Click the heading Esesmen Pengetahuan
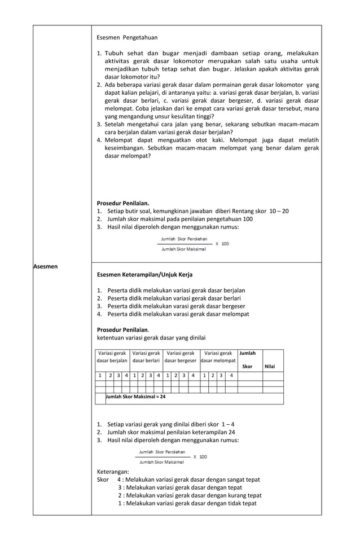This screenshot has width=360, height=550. click(x=127, y=37)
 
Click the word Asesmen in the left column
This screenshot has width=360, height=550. click(x=46, y=266)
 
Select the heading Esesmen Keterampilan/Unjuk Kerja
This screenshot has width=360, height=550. click(x=144, y=275)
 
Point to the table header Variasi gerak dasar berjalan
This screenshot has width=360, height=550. click(x=112, y=357)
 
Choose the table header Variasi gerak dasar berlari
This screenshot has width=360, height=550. click(x=146, y=357)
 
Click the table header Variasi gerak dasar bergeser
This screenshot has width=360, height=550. click(x=181, y=357)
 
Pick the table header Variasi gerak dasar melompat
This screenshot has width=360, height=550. click(x=218, y=357)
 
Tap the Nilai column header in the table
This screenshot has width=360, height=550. click(x=270, y=366)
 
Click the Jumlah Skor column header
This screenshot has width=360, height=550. click(x=247, y=359)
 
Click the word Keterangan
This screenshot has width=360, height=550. click(x=113, y=472)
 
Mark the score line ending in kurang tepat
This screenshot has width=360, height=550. click(x=190, y=495)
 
